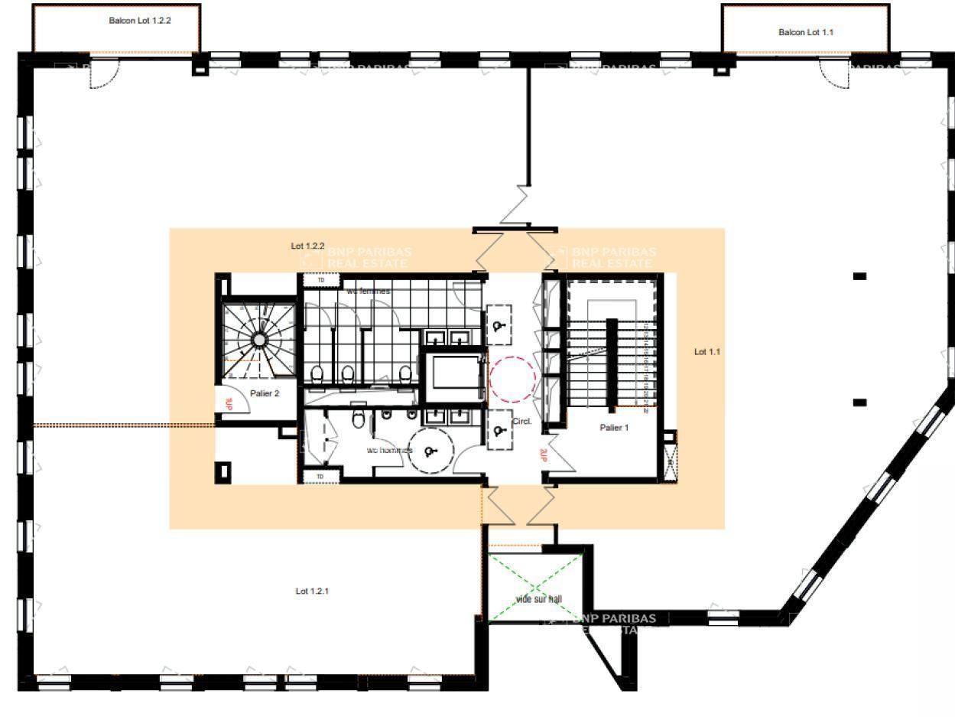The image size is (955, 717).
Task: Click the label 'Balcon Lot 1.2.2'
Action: (139, 21)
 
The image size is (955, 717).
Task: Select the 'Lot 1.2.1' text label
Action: (313, 591)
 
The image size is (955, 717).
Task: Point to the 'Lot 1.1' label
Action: (707, 352)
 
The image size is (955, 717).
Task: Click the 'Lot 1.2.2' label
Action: (307, 246)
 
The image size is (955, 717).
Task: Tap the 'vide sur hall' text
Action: (538, 599)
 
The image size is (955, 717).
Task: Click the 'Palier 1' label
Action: (614, 428)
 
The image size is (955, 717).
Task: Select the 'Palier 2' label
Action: (265, 393)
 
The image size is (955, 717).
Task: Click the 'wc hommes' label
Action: (389, 450)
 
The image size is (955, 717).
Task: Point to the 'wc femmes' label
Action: (368, 292)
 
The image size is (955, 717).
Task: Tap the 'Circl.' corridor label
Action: (521, 422)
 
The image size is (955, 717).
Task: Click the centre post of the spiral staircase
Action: (259, 339)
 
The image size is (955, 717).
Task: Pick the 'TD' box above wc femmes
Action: (321, 281)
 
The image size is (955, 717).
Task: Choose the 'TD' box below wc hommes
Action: (320, 477)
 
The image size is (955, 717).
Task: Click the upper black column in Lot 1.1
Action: (859, 276)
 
